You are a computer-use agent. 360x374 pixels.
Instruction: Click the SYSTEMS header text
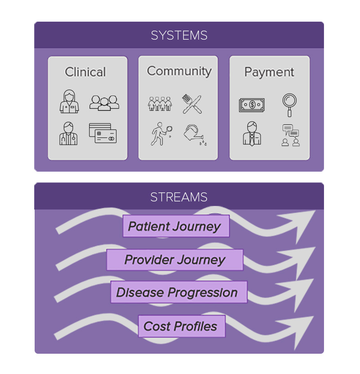pos(179,35)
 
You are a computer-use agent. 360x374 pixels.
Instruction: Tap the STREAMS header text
pos(179,197)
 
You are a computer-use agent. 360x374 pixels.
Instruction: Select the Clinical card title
pos(85,72)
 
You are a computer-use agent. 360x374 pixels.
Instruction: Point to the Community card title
pos(179,71)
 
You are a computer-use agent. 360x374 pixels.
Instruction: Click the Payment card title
pos(269,72)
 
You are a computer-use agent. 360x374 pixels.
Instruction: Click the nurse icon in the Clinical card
pos(69,101)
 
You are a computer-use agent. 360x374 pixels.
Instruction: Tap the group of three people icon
pos(104,102)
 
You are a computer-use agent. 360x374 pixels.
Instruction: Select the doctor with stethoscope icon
pos(68,134)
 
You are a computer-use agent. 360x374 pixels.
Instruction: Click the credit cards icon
pos(103,134)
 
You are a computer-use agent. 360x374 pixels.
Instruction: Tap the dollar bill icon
pos(252,105)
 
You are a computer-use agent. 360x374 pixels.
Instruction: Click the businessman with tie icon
pos(252,134)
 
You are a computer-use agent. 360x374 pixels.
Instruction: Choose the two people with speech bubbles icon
pos(290,135)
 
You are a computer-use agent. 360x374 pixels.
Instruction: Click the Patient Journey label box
pos(176,226)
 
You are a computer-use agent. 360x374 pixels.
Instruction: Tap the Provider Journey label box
pos(175,260)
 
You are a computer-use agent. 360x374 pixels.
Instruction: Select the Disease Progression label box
pos(179,292)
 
